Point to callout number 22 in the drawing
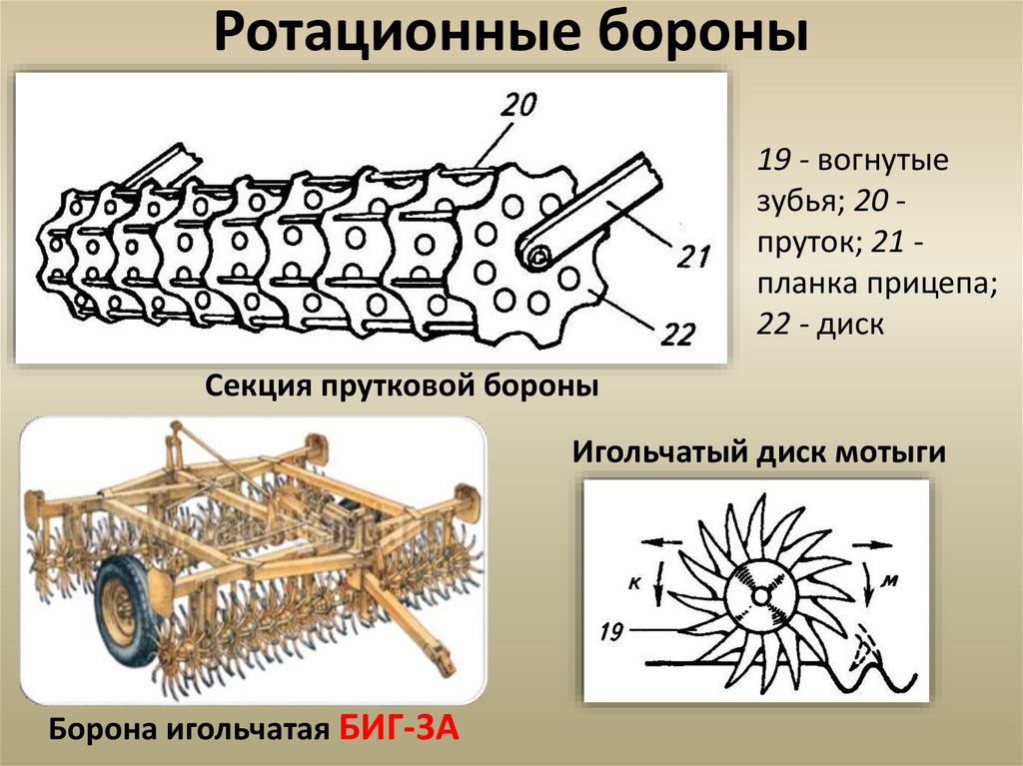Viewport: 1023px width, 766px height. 676,335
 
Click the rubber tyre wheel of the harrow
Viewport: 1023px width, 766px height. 127,610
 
